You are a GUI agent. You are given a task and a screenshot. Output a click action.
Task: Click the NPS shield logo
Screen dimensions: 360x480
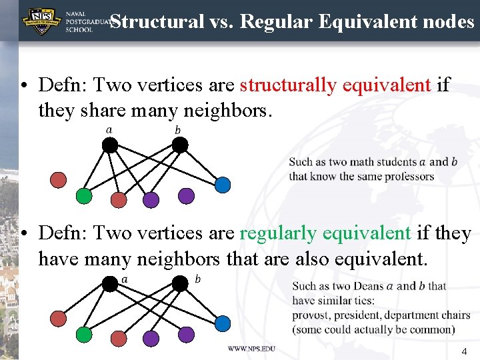pyautogui.click(x=40, y=21)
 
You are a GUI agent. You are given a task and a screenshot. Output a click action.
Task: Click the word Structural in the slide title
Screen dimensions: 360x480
pyautogui.click(x=156, y=21)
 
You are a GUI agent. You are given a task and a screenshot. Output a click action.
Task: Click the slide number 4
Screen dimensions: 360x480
pyautogui.click(x=464, y=351)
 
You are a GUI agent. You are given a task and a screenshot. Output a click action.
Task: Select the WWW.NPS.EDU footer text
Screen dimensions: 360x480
pyautogui.click(x=251, y=348)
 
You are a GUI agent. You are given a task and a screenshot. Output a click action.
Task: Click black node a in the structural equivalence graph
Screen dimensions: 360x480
pyautogui.click(x=111, y=145)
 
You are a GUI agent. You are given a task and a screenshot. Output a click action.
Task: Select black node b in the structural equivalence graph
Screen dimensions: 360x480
pyautogui.click(x=180, y=145)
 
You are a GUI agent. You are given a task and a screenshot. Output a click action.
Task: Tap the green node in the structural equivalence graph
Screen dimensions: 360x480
pyautogui.click(x=83, y=196)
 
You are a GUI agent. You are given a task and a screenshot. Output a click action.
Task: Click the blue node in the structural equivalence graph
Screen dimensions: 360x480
pyautogui.click(x=223, y=183)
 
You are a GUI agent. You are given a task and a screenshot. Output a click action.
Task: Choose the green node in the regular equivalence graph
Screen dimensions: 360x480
pyautogui.click(x=83, y=333)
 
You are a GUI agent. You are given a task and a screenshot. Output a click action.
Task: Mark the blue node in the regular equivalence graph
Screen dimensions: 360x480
pyautogui.click(x=223, y=323)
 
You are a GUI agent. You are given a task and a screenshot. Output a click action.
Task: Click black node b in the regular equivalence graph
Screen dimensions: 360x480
pyautogui.click(x=180, y=284)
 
